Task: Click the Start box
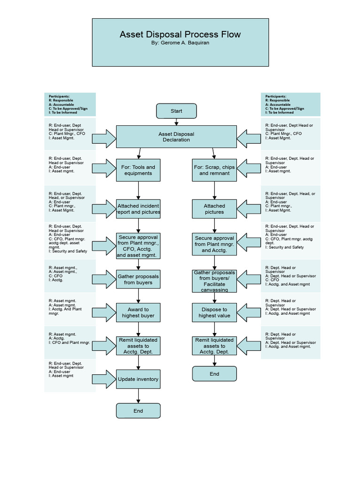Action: [x=176, y=111]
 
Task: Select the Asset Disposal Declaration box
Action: [x=176, y=137]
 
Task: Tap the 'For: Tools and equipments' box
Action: [x=138, y=170]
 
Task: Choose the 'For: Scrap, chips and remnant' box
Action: [x=214, y=170]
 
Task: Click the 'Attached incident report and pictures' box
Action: [x=138, y=209]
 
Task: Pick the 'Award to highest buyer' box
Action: [x=138, y=312]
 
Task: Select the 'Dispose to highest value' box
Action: [x=214, y=312]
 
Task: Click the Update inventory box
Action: [x=138, y=379]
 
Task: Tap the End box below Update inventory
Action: [x=138, y=411]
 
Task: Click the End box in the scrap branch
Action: [x=214, y=374]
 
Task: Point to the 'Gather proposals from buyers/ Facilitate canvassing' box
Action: [x=214, y=280]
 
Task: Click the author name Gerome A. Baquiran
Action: [x=180, y=43]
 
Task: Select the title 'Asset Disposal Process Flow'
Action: [x=180, y=34]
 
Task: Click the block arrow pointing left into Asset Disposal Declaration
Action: [x=249, y=138]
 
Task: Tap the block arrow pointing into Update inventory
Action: [x=104, y=379]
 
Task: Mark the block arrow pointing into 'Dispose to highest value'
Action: [x=249, y=312]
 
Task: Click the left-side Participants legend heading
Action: [x=59, y=96]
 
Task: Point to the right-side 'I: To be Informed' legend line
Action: [x=280, y=113]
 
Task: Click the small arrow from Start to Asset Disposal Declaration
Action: [x=176, y=122]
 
